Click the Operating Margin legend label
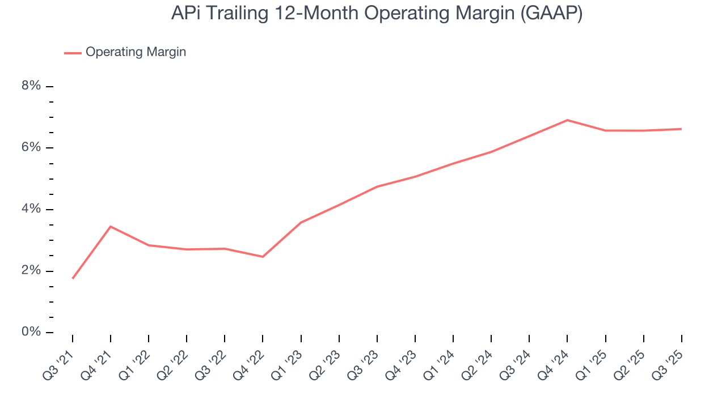pyautogui.click(x=136, y=52)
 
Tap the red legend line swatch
pyautogui.click(x=73, y=53)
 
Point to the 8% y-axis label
pyautogui.click(x=31, y=86)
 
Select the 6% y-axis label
pyautogui.click(x=31, y=148)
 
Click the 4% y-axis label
pyautogui.click(x=31, y=209)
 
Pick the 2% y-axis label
pyautogui.click(x=31, y=271)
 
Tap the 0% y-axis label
pyautogui.click(x=31, y=332)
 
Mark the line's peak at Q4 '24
pyautogui.click(x=567, y=120)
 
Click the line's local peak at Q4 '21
pyautogui.click(x=111, y=227)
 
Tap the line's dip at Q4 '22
pyautogui.click(x=263, y=257)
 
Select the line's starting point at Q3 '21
pyautogui.click(x=73, y=278)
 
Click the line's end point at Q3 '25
pyautogui.click(x=681, y=129)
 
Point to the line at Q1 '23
pyautogui.click(x=301, y=223)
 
